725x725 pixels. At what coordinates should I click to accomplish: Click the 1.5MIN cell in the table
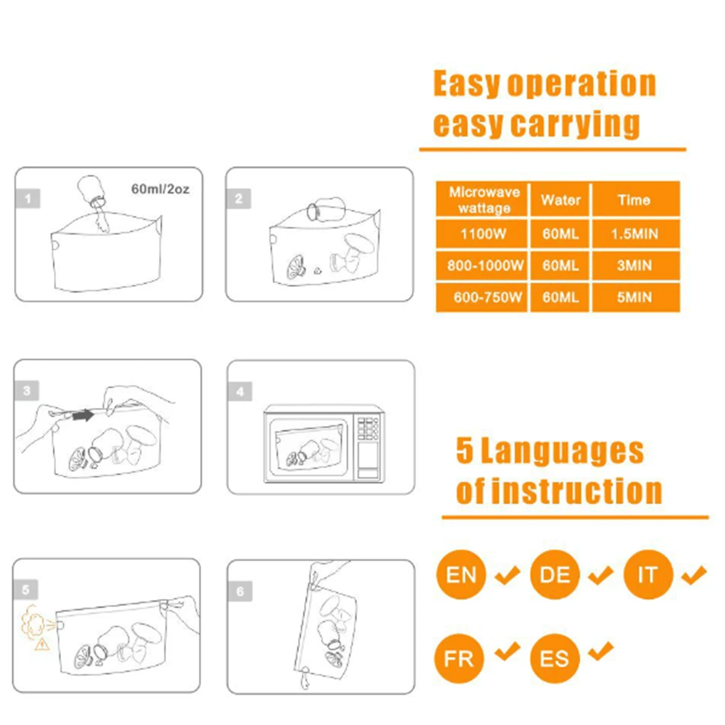(636, 234)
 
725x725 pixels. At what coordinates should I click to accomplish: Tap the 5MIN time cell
(636, 297)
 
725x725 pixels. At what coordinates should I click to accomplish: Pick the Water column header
(560, 200)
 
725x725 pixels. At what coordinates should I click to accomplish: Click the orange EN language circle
(461, 575)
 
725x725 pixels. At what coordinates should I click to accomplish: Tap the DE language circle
(555, 575)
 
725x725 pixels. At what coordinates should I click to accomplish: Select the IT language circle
(648, 575)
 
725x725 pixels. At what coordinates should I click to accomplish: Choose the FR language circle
(459, 659)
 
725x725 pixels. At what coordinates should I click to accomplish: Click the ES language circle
(555, 659)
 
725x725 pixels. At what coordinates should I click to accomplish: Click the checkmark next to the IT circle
(694, 575)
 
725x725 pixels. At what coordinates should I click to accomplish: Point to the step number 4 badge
(240, 391)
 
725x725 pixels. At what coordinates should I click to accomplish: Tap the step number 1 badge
(28, 198)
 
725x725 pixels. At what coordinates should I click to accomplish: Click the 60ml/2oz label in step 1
(160, 188)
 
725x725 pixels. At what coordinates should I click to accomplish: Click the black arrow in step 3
(83, 415)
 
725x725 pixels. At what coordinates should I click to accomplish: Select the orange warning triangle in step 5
(42, 643)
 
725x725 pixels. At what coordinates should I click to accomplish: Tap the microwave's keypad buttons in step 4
(367, 428)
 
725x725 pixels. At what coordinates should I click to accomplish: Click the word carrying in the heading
(575, 124)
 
